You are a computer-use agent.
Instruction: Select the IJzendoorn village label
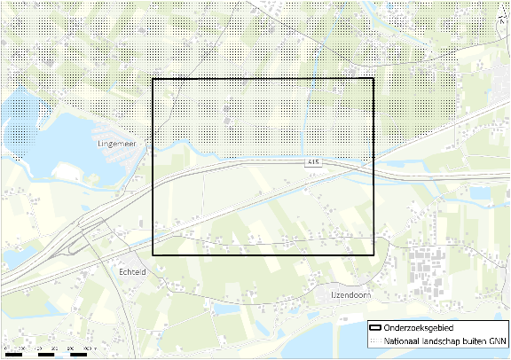(342, 293)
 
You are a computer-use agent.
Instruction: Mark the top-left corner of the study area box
(153, 80)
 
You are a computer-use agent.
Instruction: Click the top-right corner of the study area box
(374, 80)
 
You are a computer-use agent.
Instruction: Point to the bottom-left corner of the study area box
(153, 255)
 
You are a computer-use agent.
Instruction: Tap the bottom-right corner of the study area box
(374, 255)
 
